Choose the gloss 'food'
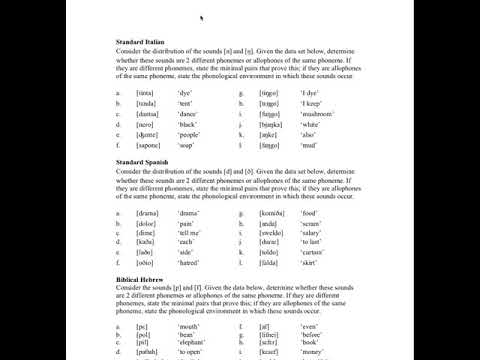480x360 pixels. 309,213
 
